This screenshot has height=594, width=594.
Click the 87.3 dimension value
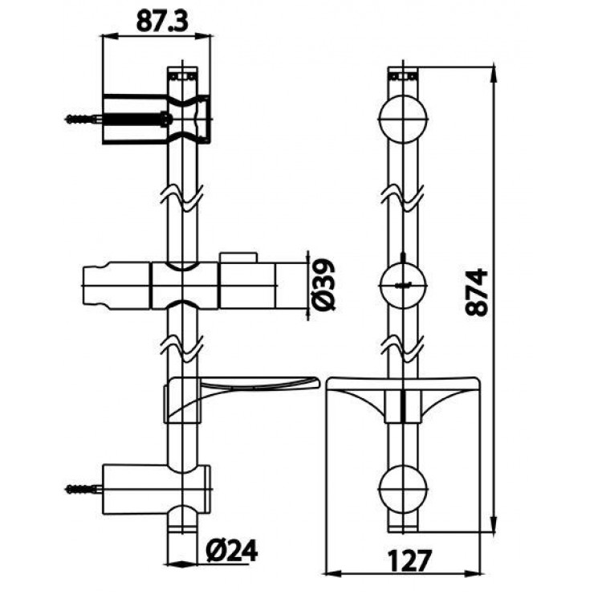click(162, 21)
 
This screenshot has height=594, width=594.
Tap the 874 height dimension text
click(477, 292)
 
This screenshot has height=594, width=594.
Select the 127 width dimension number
click(410, 560)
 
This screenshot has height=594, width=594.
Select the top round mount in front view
click(403, 119)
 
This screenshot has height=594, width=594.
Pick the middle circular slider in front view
click(403, 285)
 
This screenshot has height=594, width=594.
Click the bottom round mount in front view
click(403, 489)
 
